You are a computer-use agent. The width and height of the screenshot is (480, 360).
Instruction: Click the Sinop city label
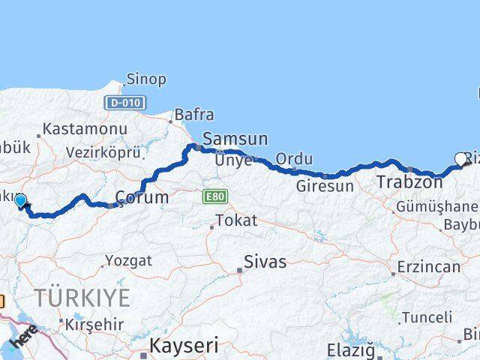click(x=146, y=79)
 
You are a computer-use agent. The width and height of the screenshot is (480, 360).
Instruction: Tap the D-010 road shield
click(x=125, y=102)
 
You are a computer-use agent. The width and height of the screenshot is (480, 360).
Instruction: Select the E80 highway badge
click(x=212, y=196)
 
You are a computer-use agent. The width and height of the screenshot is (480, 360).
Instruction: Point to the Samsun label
click(x=235, y=139)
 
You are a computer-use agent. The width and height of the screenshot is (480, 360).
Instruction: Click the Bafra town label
click(x=193, y=115)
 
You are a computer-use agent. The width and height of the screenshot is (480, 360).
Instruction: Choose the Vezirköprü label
click(x=103, y=152)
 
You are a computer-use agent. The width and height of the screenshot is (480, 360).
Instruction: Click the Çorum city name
click(x=141, y=198)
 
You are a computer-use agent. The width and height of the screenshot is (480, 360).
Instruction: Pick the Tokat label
click(x=236, y=221)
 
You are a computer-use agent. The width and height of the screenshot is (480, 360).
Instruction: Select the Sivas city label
click(x=265, y=262)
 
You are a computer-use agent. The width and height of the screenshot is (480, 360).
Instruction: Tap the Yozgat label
click(x=128, y=261)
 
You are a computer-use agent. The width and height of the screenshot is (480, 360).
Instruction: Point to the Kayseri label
click(x=184, y=346)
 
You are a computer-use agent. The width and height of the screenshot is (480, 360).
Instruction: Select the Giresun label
click(x=325, y=187)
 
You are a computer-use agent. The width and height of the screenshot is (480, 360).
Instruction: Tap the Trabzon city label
click(x=409, y=181)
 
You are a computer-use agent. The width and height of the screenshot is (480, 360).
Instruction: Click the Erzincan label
click(x=428, y=267)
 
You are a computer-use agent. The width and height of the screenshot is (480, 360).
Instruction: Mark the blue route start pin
click(x=20, y=200)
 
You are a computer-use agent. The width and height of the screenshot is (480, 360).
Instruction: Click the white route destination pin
click(x=460, y=158)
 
